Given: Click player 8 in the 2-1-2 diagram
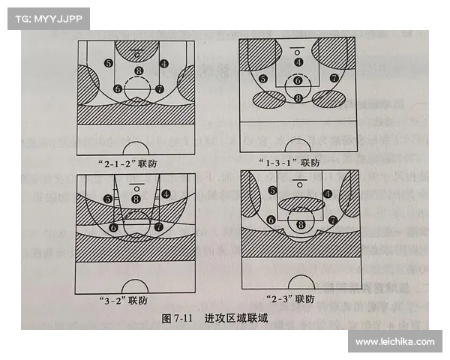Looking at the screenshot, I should coord(138,72).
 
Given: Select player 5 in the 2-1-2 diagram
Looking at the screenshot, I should coord(109,64).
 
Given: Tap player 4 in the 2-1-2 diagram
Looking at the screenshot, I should coord(164,64).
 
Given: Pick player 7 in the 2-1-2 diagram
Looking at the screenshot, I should coord(159,88).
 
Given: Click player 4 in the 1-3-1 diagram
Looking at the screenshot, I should coord(298,62).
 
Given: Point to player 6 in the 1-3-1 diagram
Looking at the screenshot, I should coord(298,80).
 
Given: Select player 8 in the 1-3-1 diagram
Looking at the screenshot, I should coord(298,98).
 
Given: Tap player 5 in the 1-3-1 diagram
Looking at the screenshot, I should coord(263,79).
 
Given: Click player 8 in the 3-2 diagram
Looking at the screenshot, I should coord(136,199).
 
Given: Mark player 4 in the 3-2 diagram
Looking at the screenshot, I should coord(164,193).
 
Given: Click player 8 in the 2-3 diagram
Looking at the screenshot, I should coord(301,223).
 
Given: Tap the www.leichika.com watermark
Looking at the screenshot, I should coord(394,342).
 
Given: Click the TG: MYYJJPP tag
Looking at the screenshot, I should coord(49,19).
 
